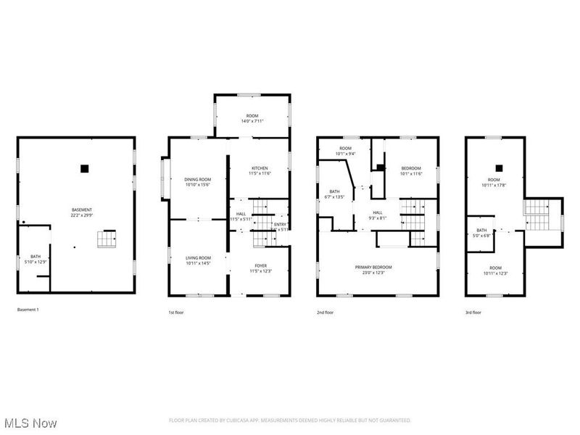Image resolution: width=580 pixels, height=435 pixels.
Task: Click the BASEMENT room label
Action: [x=81, y=210]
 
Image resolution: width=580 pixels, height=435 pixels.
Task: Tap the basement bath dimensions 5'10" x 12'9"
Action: [x=36, y=261]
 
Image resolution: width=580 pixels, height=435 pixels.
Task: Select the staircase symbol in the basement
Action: [x=107, y=238]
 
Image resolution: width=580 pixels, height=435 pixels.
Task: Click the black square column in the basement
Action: [x=84, y=168]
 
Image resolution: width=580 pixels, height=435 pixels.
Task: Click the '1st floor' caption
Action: [x=177, y=312]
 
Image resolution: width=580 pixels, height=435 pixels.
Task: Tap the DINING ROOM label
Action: [x=197, y=179]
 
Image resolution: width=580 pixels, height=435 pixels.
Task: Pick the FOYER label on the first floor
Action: [x=260, y=265]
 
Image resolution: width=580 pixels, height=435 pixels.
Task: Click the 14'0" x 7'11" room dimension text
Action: [x=252, y=121]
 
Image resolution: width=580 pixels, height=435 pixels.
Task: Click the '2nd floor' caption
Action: [x=326, y=312]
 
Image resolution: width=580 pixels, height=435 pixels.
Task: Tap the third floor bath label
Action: [x=481, y=230]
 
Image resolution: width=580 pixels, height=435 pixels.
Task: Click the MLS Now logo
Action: [x=30, y=422]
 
